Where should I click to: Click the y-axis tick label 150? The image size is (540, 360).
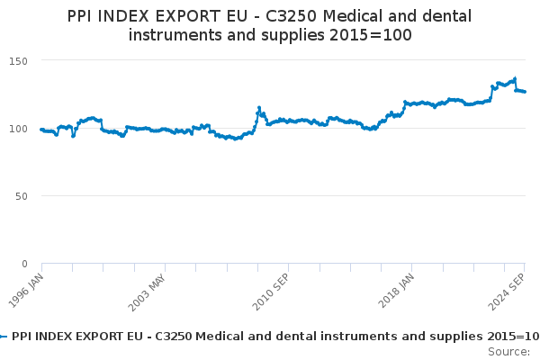(x=18, y=61)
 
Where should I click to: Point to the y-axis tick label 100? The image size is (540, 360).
(x=18, y=129)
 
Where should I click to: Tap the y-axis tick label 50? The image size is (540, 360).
(x=22, y=196)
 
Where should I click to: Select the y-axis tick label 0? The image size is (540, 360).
(x=24, y=264)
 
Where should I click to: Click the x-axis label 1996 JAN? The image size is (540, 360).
(x=26, y=291)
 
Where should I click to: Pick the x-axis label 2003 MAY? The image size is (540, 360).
(x=147, y=292)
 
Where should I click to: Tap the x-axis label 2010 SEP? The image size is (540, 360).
(x=271, y=292)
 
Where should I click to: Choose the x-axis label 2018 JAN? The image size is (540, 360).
(x=396, y=291)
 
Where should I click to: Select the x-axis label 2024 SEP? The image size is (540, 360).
(x=506, y=292)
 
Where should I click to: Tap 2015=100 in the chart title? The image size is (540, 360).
(x=371, y=35)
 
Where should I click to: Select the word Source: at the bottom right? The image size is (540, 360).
(x=509, y=352)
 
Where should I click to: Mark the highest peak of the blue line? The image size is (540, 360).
(x=515, y=79)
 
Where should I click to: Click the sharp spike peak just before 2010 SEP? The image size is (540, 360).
(x=259, y=108)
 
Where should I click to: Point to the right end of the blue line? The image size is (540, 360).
(x=525, y=92)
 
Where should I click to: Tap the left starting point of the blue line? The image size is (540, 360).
(x=41, y=130)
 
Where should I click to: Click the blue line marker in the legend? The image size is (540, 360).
(x=3, y=337)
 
